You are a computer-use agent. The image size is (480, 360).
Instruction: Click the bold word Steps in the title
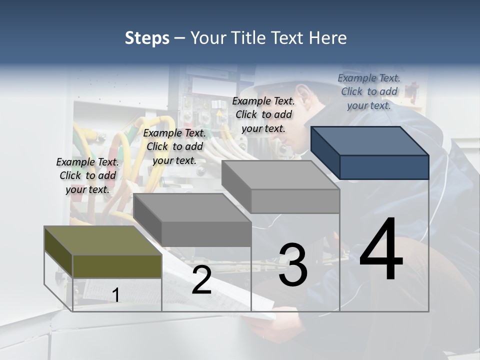[x=147, y=38]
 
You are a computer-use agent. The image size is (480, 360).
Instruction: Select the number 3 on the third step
[x=293, y=265]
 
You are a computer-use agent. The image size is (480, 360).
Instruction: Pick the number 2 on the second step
[x=201, y=280]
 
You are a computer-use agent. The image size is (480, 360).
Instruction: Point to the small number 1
[x=115, y=295]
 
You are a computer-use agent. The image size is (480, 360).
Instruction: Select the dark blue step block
[x=370, y=152]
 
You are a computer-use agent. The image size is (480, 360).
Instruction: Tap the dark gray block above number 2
[x=193, y=220]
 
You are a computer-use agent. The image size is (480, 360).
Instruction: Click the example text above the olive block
[x=87, y=175]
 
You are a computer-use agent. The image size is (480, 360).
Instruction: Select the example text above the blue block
[x=369, y=91]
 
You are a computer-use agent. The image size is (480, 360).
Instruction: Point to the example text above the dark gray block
[x=174, y=146]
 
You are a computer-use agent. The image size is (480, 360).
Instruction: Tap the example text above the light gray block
[x=263, y=114]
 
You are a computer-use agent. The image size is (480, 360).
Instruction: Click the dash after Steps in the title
[x=179, y=38]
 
